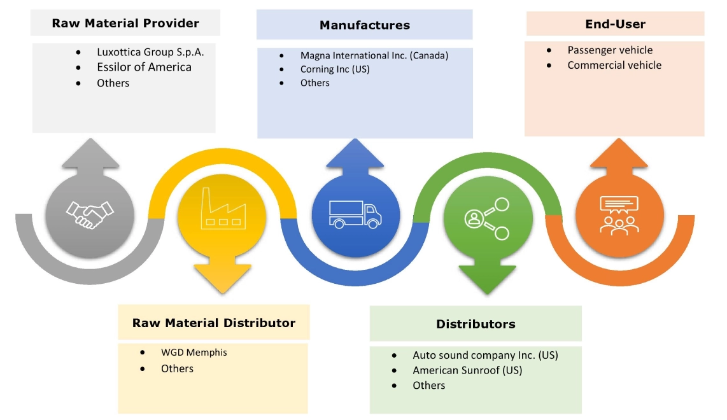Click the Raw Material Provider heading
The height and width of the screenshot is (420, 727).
pyautogui.click(x=125, y=24)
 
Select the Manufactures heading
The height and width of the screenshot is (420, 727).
pyautogui.click(x=364, y=25)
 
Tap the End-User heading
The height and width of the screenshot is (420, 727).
pyautogui.click(x=615, y=24)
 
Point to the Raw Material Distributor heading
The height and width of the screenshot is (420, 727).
pyautogui.click(x=214, y=323)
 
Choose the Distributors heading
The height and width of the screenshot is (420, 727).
pyautogui.click(x=476, y=324)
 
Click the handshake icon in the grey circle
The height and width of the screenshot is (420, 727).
pyautogui.click(x=90, y=214)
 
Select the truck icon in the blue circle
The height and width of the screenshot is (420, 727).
pyautogui.click(x=355, y=214)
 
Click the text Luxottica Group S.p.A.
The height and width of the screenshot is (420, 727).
pyautogui.click(x=150, y=52)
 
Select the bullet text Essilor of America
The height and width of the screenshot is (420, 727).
pyautogui.click(x=144, y=67)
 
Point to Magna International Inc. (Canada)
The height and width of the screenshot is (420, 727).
pyautogui.click(x=374, y=55)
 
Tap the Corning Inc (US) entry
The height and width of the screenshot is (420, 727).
pyautogui.click(x=335, y=69)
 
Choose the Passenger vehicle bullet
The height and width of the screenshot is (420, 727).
pyautogui.click(x=610, y=50)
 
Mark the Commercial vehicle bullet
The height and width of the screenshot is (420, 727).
pyautogui.click(x=614, y=65)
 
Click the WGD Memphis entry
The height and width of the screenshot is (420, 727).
pyautogui.click(x=194, y=352)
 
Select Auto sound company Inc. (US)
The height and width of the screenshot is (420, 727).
pyautogui.click(x=485, y=355)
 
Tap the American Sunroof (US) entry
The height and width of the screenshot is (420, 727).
pyautogui.click(x=467, y=370)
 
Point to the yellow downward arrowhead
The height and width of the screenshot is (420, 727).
pyautogui.click(x=222, y=277)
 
